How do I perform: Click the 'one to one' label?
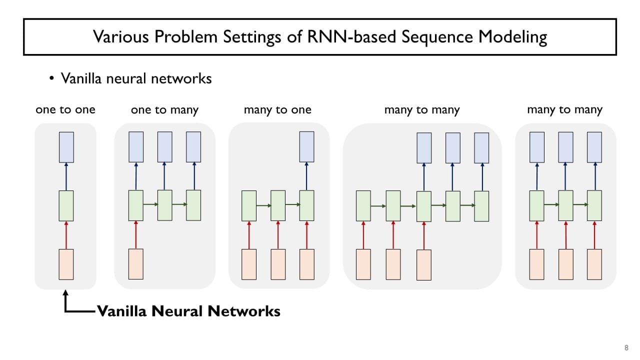click(65, 110)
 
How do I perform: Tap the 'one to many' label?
click(164, 110)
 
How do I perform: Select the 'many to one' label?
click(277, 110)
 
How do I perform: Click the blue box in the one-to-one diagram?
click(66, 147)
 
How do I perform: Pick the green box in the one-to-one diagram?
click(66, 205)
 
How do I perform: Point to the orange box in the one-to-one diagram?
click(66, 264)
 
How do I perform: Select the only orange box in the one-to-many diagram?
click(136, 263)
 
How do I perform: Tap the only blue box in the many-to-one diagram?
click(307, 147)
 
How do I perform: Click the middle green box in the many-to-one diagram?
click(278, 205)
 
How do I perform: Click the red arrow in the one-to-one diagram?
click(66, 235)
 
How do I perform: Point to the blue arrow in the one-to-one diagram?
click(66, 176)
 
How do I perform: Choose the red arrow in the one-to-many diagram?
click(136, 234)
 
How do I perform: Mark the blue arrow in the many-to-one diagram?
click(307, 176)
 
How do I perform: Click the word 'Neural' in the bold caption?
click(178, 311)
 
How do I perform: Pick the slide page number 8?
click(626, 348)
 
